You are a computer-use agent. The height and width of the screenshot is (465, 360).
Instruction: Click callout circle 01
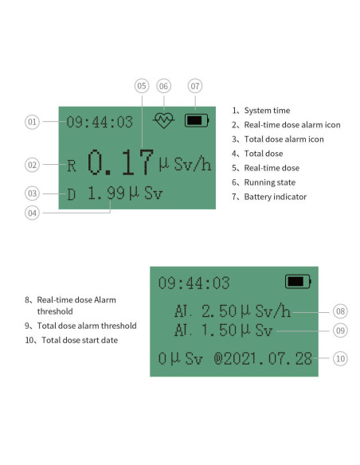coord(32,122)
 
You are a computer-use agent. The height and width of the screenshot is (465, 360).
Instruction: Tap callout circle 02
coord(32,165)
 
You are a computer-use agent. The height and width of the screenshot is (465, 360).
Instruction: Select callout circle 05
coord(142,86)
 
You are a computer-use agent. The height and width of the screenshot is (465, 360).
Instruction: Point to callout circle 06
coord(164,86)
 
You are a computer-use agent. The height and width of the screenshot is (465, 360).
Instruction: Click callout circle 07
coord(195,86)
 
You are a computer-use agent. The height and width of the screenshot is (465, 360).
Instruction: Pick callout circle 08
coord(340,312)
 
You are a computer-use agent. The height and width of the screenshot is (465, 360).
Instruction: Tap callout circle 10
coord(340,358)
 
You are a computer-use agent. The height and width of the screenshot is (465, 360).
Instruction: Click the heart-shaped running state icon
coord(164,121)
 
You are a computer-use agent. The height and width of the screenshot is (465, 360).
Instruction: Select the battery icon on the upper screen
coord(195,121)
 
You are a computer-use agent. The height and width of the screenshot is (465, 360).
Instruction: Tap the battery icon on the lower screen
coord(298,282)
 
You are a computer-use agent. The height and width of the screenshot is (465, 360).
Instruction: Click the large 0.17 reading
coord(120,162)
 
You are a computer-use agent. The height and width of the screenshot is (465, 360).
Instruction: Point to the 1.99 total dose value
coord(106,193)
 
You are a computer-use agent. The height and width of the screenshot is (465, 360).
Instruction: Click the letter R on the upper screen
coord(72,166)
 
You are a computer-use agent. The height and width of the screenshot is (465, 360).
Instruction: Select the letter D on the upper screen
coord(72,194)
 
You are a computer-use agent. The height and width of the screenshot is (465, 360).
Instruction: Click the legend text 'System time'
coord(267,111)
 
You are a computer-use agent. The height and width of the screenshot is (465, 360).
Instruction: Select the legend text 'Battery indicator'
coord(275,197)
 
